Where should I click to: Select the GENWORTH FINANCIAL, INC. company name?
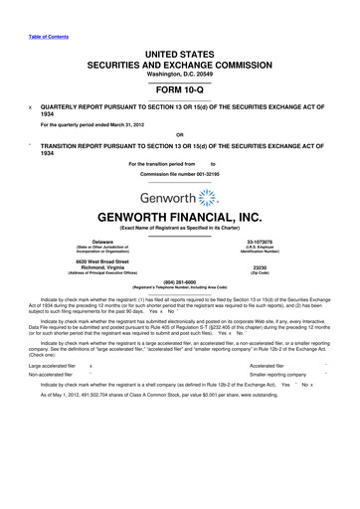click(180, 214)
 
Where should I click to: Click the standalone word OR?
click(179, 134)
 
